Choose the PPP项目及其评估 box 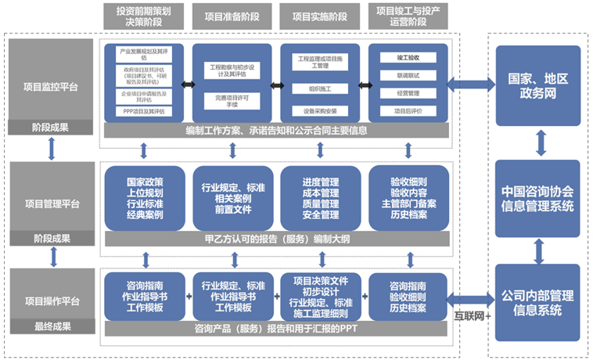(144, 112)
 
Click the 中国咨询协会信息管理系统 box (537, 199)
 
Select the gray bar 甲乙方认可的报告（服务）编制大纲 (275, 238)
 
